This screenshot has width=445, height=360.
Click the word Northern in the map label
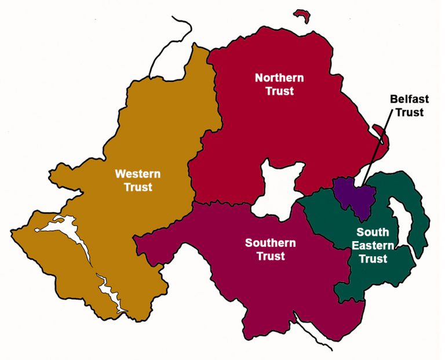[279, 78]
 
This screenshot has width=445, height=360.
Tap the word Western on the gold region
[137, 174]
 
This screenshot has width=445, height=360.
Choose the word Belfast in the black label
[409, 99]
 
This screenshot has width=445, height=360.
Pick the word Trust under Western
[138, 187]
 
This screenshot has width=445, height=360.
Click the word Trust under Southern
[271, 256]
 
